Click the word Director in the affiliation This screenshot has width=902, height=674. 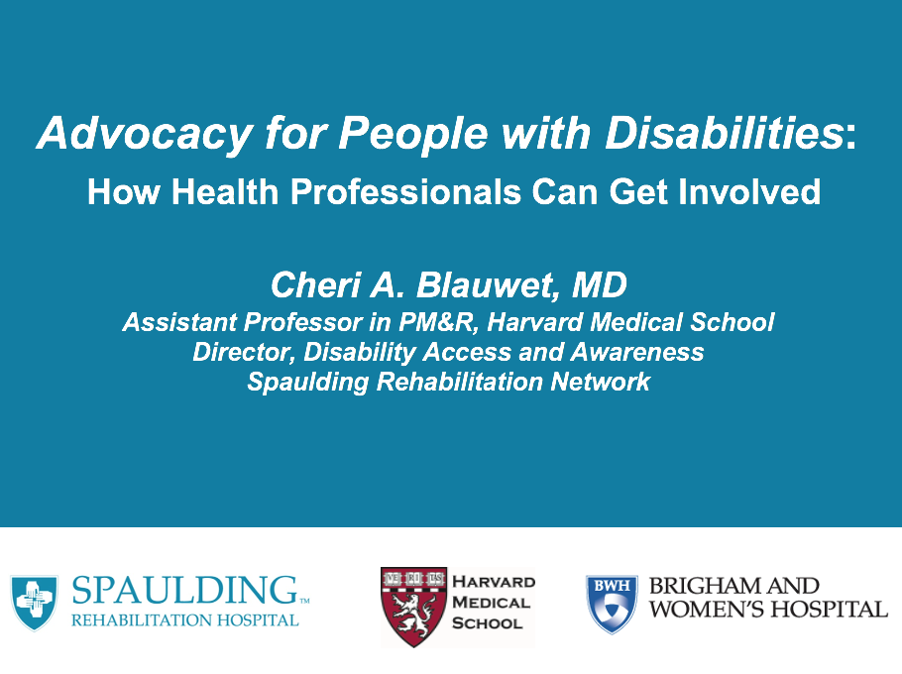241,352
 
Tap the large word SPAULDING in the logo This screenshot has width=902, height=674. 184,592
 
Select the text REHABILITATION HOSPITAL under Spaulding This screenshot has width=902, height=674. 184,620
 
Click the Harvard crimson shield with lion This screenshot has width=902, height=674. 412,606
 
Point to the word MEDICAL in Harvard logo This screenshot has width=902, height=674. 491,603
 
